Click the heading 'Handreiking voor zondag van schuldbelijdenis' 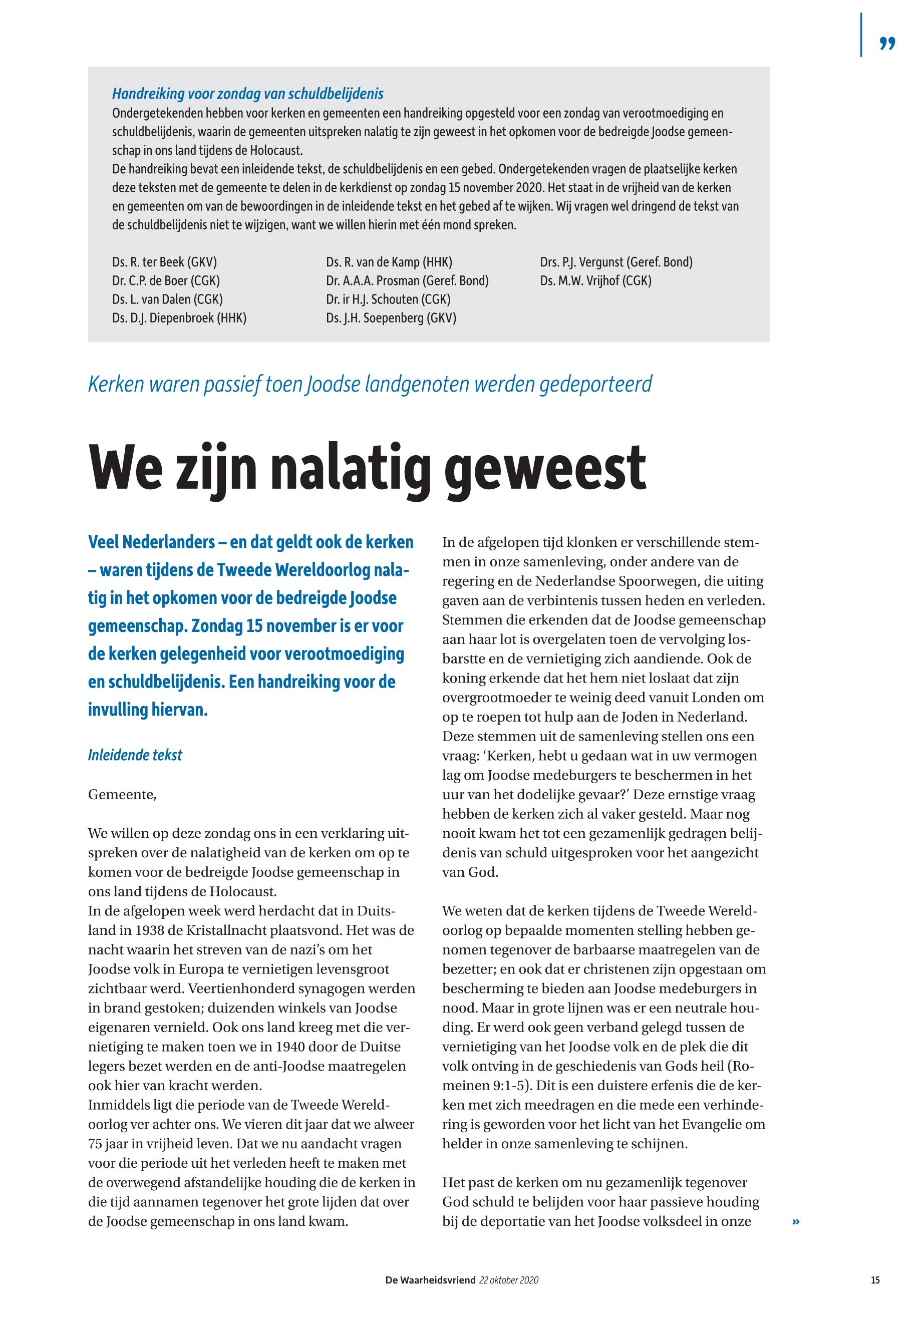click(x=247, y=94)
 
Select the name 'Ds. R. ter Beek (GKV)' click(x=164, y=262)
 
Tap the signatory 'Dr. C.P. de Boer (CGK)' click(x=166, y=281)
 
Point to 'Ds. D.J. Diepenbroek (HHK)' click(x=179, y=318)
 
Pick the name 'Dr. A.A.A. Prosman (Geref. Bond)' click(x=407, y=281)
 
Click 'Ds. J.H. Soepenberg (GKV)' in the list click(x=391, y=318)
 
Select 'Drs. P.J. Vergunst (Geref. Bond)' click(x=616, y=262)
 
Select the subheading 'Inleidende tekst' click(x=135, y=756)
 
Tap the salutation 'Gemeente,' click(x=122, y=794)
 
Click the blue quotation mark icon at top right click(x=887, y=43)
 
